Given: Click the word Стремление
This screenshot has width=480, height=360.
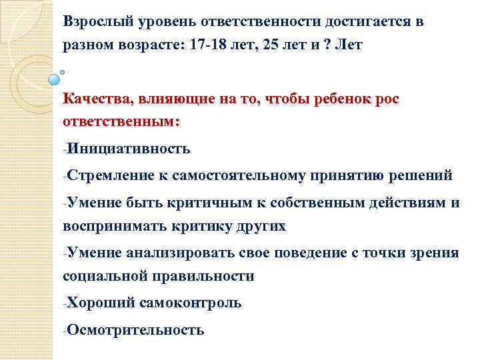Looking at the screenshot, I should pos(109,175).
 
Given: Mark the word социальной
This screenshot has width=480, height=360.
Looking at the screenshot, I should pos(107,276).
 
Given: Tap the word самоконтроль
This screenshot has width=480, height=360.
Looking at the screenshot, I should pos(191,303).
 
